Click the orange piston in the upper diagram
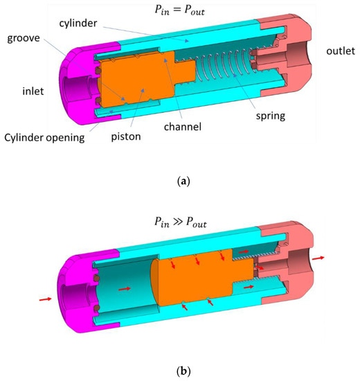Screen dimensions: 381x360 coord(138,83)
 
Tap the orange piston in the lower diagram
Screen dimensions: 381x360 coord(201,277)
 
